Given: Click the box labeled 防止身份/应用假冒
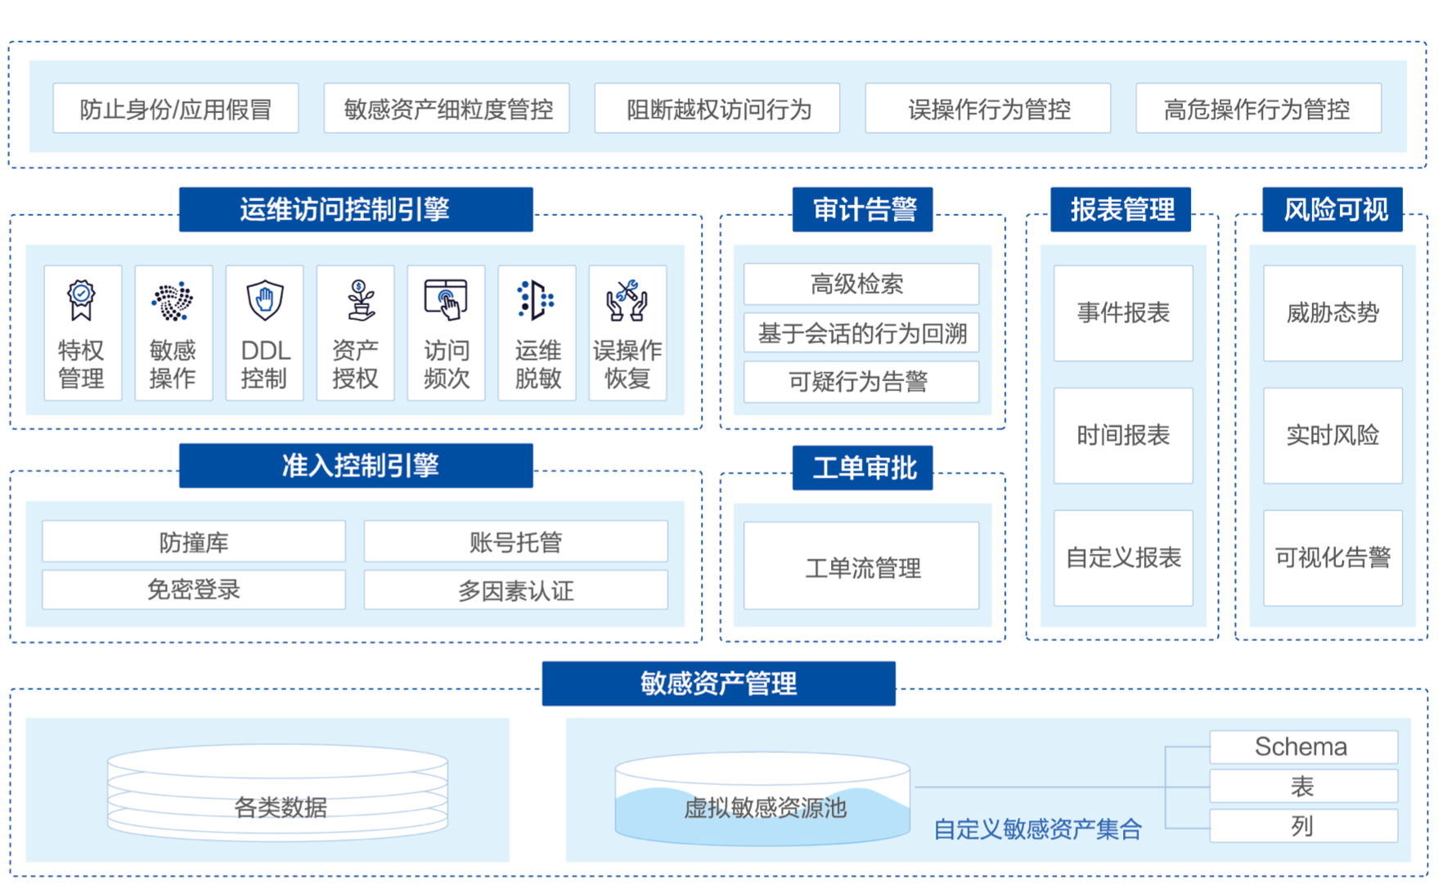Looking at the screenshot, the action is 176,108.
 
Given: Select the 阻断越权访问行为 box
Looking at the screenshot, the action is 717,108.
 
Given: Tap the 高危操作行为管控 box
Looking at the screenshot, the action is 1258,108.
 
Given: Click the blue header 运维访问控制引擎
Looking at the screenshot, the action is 356,209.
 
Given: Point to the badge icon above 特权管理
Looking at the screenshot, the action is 81,300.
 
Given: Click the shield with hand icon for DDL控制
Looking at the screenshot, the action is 264,300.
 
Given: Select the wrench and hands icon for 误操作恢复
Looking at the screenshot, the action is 627,300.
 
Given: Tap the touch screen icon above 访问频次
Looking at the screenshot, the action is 446,300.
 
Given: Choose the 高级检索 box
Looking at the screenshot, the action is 861,284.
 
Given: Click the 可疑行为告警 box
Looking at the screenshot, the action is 861,381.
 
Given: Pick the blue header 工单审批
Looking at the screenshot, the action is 862,468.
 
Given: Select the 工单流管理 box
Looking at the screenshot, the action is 861,566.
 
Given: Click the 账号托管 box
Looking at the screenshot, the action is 515,541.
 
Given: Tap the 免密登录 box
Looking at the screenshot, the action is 194,589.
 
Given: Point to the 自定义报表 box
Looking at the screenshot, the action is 1123,558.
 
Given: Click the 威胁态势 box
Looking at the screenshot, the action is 1332,312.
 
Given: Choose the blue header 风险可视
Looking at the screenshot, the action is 1332,209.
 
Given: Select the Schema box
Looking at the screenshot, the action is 1303,747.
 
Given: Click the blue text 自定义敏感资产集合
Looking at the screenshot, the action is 1037,829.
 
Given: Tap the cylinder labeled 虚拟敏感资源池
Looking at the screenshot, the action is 762,799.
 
